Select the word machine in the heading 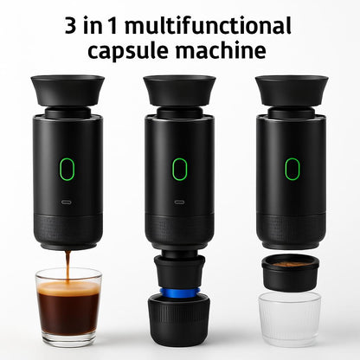222,50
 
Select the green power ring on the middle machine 179,168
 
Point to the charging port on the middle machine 179,202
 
